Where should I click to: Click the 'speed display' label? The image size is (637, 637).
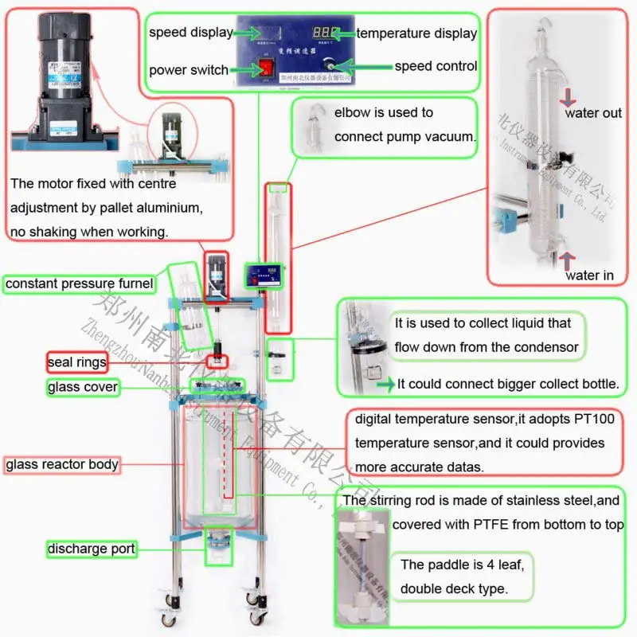[x=190, y=33]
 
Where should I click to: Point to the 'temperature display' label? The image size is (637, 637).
[x=416, y=33]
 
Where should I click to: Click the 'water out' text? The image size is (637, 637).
[x=592, y=113]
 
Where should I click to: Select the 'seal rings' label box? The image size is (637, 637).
[x=76, y=363]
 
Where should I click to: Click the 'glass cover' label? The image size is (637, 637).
[x=82, y=388]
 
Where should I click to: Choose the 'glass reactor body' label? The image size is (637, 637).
[x=62, y=464]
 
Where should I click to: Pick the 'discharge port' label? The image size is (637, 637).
[x=90, y=549]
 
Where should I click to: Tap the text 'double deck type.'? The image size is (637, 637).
[x=453, y=588]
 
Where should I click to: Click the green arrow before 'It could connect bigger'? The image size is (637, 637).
[x=386, y=385]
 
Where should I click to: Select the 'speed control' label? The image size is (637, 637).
[x=436, y=66]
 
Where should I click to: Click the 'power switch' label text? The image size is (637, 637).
[x=189, y=69]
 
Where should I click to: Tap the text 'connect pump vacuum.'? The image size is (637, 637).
[x=404, y=136]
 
